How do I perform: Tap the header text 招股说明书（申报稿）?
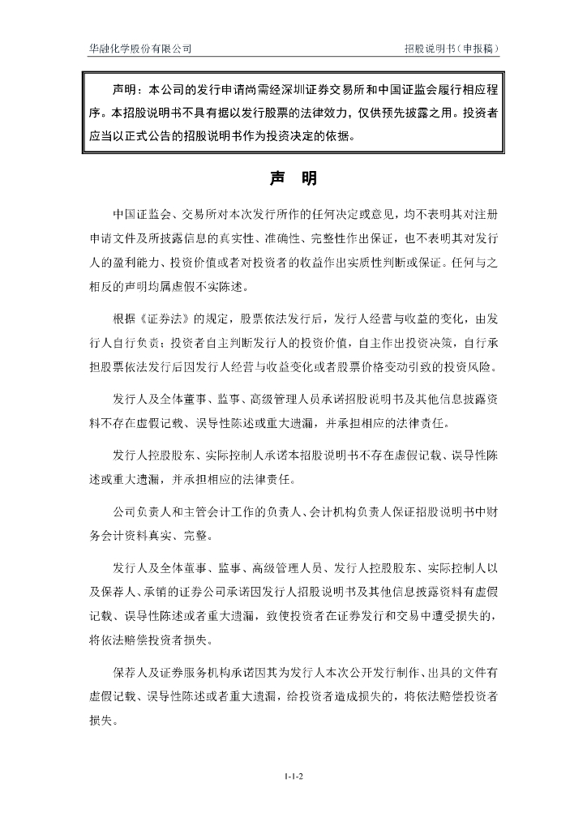click(x=452, y=49)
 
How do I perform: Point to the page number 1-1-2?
click(x=293, y=776)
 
